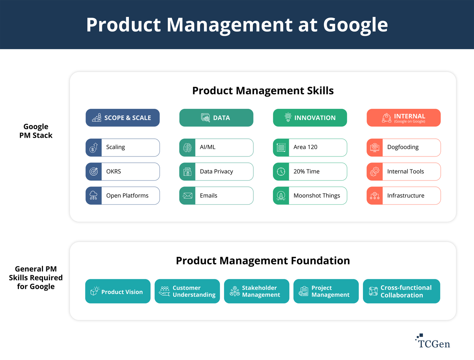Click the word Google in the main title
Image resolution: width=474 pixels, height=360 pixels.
point(355,25)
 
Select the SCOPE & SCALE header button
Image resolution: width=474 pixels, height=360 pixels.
point(123,118)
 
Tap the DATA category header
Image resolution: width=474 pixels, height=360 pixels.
point(216,118)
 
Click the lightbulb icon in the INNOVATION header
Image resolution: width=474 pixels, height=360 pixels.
point(288,117)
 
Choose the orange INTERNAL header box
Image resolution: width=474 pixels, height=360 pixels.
point(403,118)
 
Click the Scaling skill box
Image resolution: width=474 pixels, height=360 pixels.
point(123,147)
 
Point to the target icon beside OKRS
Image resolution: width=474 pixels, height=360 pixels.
point(94,172)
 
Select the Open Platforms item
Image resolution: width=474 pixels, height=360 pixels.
point(123,196)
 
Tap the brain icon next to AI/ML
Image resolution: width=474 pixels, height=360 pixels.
point(187,148)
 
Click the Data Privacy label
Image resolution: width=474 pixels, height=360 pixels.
point(216,172)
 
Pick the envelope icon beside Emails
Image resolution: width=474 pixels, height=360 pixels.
point(187,196)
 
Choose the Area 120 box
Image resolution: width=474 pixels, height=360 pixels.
point(310,147)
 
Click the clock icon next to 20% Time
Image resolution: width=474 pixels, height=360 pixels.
point(281,172)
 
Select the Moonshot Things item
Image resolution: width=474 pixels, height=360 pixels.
point(310,196)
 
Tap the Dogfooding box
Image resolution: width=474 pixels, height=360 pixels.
point(404,147)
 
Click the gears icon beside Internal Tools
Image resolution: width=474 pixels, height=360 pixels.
point(375,172)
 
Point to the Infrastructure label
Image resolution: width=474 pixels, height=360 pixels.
point(405,196)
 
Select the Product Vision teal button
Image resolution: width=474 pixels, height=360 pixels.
point(118,292)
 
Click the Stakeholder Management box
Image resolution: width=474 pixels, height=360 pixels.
point(257,292)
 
